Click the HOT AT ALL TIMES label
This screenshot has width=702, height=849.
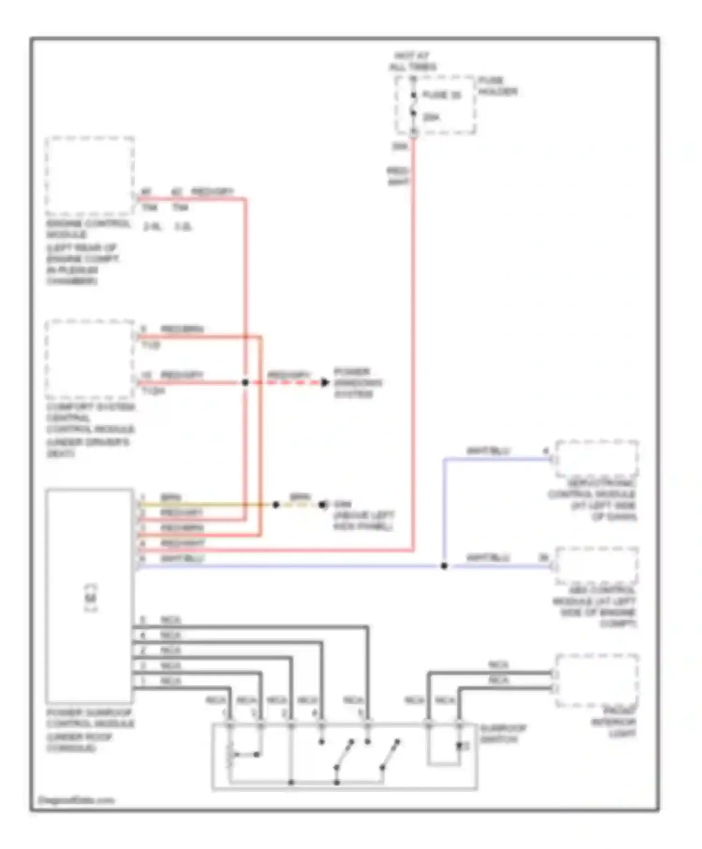point(412,61)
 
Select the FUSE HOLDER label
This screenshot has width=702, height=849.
point(497,86)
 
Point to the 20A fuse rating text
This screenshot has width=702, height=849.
point(431,117)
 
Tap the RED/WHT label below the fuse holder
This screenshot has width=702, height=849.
point(398,176)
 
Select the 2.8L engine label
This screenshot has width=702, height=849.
point(152,227)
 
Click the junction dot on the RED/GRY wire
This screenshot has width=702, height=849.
point(245,383)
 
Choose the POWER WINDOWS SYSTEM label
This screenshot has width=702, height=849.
point(358,383)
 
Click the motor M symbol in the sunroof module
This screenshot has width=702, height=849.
point(91,598)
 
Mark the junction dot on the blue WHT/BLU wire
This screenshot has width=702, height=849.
point(444,566)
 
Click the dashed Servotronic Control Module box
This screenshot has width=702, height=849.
point(597,458)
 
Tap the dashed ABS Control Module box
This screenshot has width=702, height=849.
point(597,565)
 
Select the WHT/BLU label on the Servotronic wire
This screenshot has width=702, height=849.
point(488,451)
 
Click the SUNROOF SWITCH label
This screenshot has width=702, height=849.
point(503,733)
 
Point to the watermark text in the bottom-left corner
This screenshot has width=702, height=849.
point(76,800)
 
